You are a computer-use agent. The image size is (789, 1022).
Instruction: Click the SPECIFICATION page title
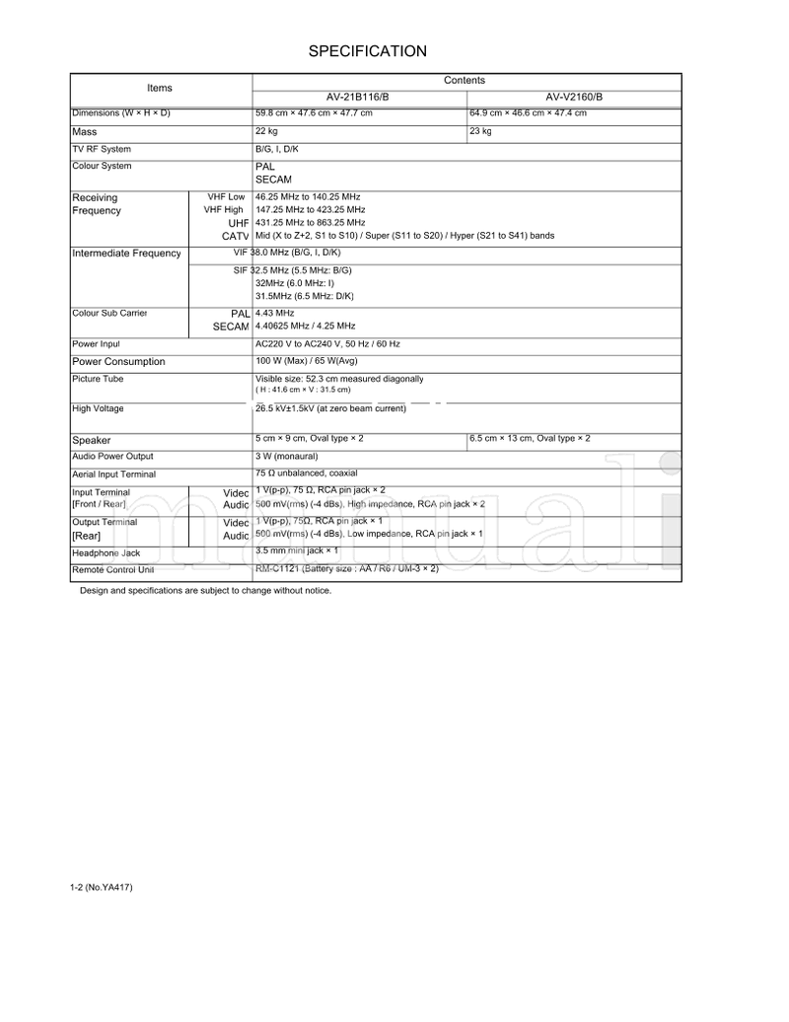[367, 51]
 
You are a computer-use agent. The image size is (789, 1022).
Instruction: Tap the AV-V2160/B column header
[574, 97]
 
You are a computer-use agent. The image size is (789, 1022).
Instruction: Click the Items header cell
[160, 88]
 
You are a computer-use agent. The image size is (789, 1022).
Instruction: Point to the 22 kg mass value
[266, 131]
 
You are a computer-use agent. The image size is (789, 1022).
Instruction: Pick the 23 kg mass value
[480, 131]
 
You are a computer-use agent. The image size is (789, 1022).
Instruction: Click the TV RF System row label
[102, 150]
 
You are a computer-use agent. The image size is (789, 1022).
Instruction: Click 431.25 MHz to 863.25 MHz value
[310, 223]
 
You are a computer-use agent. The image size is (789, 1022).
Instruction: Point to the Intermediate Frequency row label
[126, 254]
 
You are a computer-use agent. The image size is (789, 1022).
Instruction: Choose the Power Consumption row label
[118, 362]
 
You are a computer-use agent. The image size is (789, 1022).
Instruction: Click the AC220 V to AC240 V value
[327, 344]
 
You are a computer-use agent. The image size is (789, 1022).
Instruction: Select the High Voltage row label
[98, 408]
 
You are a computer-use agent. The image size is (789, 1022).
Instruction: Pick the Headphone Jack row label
[106, 553]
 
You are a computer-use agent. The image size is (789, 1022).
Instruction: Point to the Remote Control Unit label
[112, 570]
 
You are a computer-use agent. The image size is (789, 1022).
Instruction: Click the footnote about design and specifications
[205, 591]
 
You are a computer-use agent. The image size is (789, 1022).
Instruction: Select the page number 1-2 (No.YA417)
[102, 888]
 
